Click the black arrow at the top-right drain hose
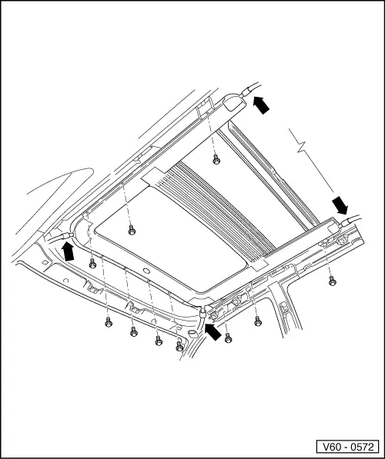(261, 105)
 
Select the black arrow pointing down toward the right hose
(340, 205)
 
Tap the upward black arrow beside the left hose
(69, 251)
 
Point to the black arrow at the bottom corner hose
(213, 331)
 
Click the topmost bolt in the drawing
(216, 160)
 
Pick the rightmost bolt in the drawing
(332, 281)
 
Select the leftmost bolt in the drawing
(92, 264)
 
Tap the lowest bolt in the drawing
(179, 347)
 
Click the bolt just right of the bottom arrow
(228, 338)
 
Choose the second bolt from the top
(132, 230)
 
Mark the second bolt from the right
(258, 321)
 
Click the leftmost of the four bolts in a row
(109, 322)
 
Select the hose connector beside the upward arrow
(68, 235)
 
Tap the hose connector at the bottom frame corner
(203, 313)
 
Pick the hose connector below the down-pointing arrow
(343, 223)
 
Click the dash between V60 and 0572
(344, 447)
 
